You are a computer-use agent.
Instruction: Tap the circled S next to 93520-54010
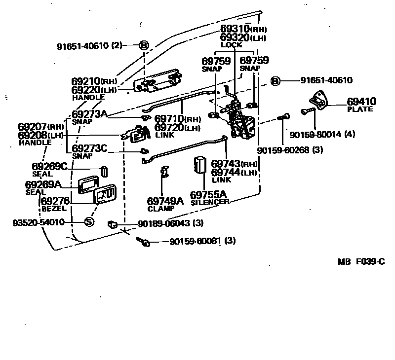pyautogui.click(x=89, y=222)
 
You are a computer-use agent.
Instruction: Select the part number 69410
pyautogui.click(x=361, y=102)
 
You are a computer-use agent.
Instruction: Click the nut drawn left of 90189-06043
pyautogui.click(x=112, y=225)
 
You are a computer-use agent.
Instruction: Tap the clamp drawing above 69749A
pyautogui.click(x=165, y=171)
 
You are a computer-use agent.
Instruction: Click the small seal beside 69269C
pyautogui.click(x=105, y=171)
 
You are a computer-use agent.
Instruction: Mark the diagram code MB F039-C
pyautogui.click(x=361, y=262)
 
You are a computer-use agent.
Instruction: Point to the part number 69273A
pyautogui.click(x=89, y=114)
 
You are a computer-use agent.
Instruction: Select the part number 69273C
pyautogui.click(x=89, y=148)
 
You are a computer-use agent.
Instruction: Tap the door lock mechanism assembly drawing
pyautogui.click(x=238, y=119)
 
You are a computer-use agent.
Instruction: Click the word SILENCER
pyautogui.click(x=209, y=202)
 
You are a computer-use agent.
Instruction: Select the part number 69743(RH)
pyautogui.click(x=234, y=164)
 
